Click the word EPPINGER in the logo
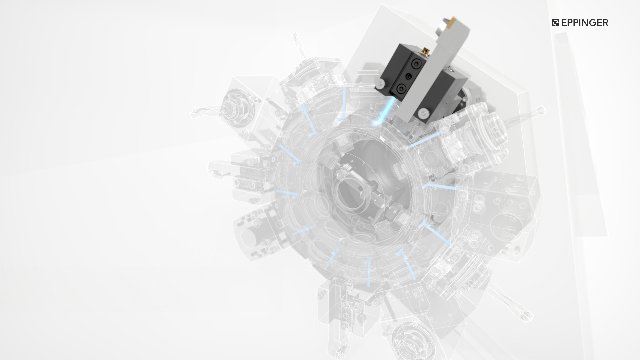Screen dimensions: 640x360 [x=585, y=23]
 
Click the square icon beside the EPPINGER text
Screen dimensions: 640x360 [x=556, y=23]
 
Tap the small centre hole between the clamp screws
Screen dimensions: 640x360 [x=408, y=76]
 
